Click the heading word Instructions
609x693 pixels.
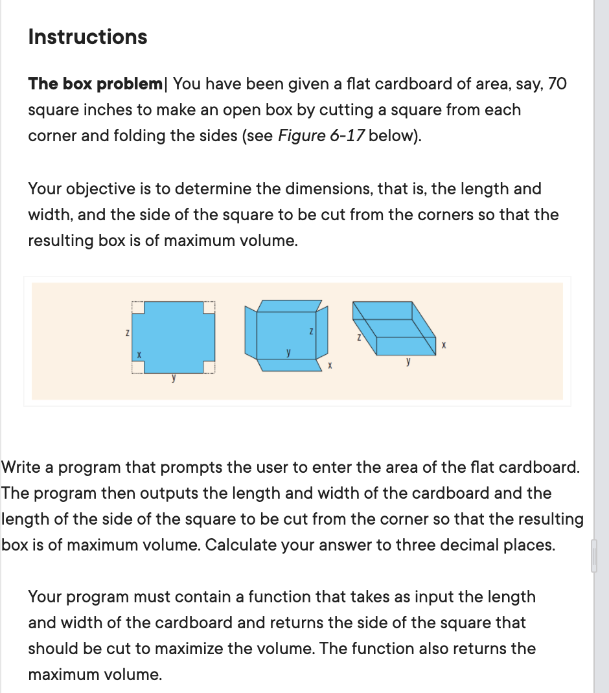(x=87, y=37)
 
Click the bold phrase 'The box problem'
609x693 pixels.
(x=95, y=84)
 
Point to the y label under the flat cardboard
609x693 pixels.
(x=173, y=380)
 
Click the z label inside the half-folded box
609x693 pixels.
(x=312, y=332)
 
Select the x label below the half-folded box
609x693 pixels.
(x=330, y=367)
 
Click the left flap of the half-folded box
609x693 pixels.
(x=249, y=334)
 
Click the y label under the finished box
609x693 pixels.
(x=408, y=364)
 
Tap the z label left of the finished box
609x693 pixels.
(x=358, y=337)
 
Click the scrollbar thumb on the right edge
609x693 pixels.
(x=593, y=556)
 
